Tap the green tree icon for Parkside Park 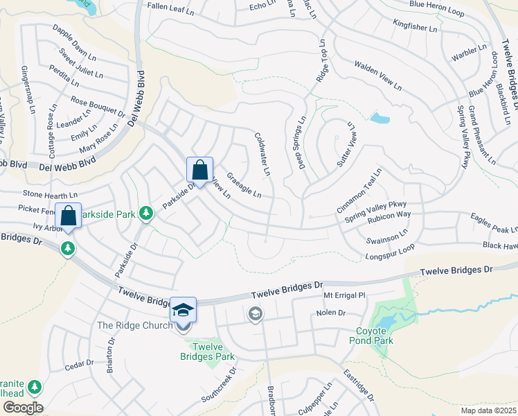tap(145, 215)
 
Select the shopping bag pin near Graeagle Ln tap(199, 171)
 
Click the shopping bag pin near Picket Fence tap(69, 216)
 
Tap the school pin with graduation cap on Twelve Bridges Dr tap(184, 310)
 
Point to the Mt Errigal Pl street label tap(344, 295)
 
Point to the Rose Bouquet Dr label tap(98, 106)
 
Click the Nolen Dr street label tap(330, 313)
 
